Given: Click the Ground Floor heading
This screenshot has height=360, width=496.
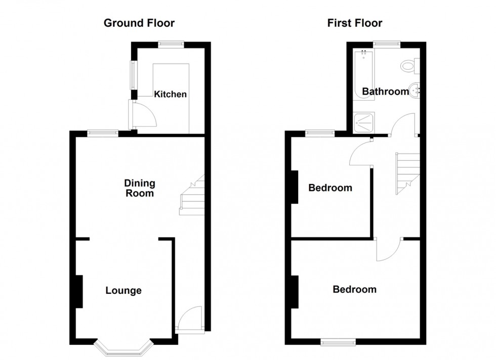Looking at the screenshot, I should click(x=139, y=23).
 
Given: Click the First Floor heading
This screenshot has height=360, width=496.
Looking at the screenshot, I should click(x=355, y=23).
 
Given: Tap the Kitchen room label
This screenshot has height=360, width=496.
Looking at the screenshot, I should click(x=170, y=95).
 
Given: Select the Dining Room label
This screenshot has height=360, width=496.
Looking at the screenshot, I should click(x=140, y=188).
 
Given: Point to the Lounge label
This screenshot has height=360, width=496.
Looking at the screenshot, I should click(x=123, y=291).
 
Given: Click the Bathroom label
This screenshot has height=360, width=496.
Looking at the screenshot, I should click(x=385, y=92).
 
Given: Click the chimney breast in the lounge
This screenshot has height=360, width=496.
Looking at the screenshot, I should click(x=79, y=291).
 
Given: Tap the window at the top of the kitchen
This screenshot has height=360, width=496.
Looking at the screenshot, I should click(x=170, y=44).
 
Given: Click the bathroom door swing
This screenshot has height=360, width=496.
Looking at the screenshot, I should click(x=403, y=125).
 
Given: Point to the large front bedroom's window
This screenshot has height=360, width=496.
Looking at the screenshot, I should click(x=338, y=342).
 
